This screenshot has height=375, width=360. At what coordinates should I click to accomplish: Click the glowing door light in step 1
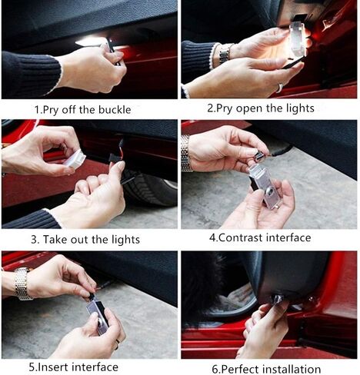pyautogui.click(x=91, y=41)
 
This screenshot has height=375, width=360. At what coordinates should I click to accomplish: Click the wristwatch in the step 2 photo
pyautogui.click(x=225, y=53)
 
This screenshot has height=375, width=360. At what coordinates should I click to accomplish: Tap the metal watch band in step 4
pyautogui.click(x=186, y=152)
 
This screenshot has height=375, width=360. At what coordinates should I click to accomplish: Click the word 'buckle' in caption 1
pyautogui.click(x=112, y=110)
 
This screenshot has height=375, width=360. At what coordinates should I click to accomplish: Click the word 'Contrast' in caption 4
pyautogui.click(x=241, y=238)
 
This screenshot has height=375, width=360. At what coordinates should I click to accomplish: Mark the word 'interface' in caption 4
pyautogui.click(x=288, y=238)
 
